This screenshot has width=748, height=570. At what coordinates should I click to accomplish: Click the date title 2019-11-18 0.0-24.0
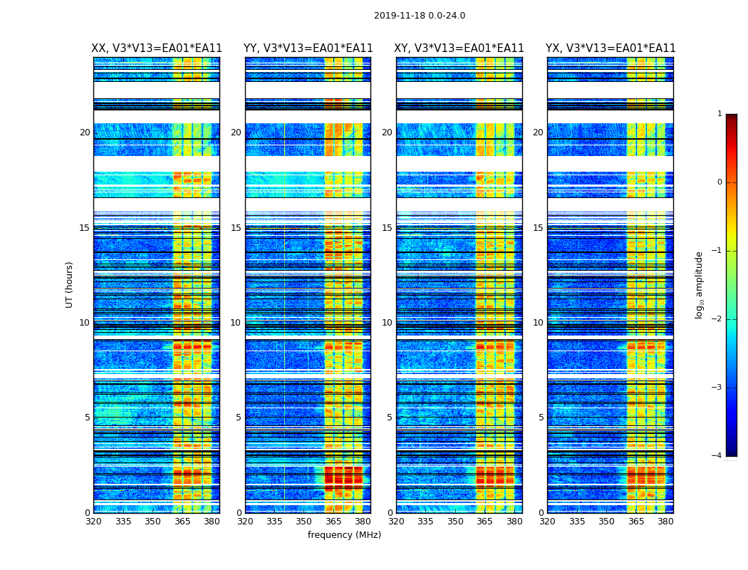coord(420,16)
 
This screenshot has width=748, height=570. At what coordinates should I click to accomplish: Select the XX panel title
coord(157,48)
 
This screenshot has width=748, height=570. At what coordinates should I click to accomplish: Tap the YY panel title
coord(308,48)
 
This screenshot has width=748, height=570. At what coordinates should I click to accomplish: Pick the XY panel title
coord(459,48)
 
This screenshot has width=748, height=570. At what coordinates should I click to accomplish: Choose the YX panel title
coord(611,48)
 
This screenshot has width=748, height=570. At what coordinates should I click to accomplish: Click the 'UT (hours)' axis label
coord(69,284)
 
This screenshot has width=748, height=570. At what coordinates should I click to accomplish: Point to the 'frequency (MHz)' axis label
coord(344,535)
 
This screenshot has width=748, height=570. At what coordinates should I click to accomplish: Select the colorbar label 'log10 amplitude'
coord(700,284)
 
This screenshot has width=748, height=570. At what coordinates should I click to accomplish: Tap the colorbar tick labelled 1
coord(719,114)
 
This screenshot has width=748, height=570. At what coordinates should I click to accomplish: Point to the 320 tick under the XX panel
coord(93,522)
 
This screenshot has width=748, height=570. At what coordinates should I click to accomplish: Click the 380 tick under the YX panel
coord(665,522)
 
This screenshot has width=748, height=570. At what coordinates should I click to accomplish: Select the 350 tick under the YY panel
coord(304,522)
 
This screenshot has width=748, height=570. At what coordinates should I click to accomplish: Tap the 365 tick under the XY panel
coord(484,522)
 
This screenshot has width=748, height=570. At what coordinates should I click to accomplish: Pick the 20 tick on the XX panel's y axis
coord(85,133)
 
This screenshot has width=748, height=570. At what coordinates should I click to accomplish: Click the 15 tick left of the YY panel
coord(236,228)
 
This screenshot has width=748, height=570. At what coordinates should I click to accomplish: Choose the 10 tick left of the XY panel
coord(387,323)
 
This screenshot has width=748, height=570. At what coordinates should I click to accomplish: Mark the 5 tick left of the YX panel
coord(541,418)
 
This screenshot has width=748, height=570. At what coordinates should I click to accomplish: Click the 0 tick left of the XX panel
coord(88,513)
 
